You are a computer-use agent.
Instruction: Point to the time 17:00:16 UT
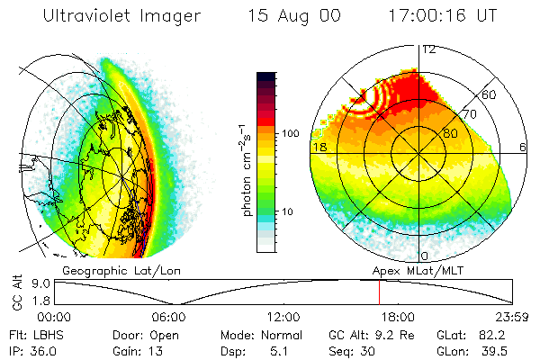click(x=444, y=15)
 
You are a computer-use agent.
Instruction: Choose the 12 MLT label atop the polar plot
click(x=429, y=50)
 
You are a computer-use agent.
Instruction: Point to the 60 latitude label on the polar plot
click(x=490, y=94)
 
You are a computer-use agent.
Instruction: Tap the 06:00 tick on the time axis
click(x=168, y=317)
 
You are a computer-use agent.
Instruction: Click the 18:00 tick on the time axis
click(x=397, y=317)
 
